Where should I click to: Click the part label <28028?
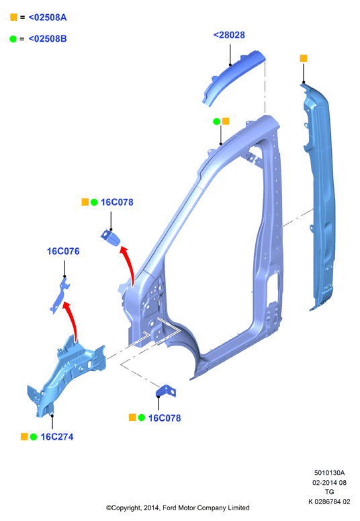tap(229, 35)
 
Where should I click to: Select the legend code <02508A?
tap(48, 17)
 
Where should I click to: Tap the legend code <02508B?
tap(48, 39)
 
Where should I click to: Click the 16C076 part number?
tap(63, 251)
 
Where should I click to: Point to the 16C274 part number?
tap(57, 436)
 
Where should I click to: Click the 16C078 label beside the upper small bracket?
tap(117, 202)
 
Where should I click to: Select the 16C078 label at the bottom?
tap(165, 418)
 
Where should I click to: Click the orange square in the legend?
tap(13, 17)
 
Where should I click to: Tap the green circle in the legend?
tap(13, 39)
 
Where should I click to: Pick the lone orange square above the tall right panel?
tap(303, 58)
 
